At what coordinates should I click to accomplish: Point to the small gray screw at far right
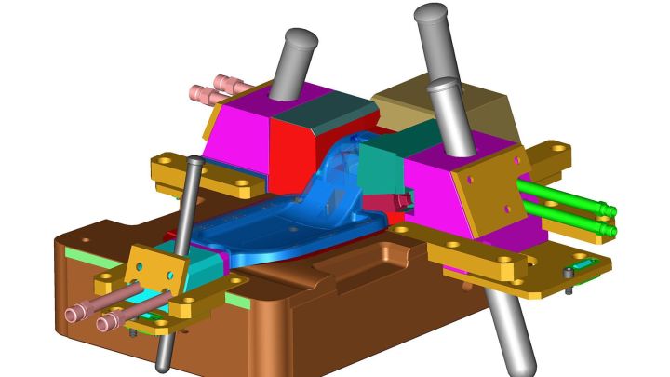569,274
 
